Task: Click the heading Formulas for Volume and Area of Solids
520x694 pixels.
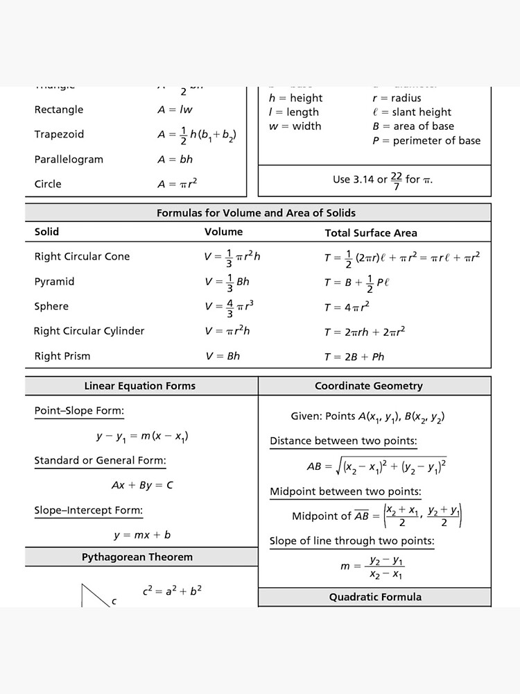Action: [x=256, y=213]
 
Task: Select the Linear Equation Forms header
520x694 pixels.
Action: [x=140, y=386]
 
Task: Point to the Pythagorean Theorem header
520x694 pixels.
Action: [x=137, y=557]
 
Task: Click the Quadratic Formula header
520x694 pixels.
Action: [x=375, y=597]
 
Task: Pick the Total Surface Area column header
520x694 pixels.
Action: [x=371, y=233]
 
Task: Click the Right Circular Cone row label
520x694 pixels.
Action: [x=82, y=257]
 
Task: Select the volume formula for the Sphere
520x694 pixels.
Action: [x=229, y=307]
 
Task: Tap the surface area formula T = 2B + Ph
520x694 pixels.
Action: [x=354, y=357]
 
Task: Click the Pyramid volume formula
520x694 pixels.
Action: [x=227, y=282]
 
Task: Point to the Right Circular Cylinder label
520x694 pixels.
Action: [x=89, y=331]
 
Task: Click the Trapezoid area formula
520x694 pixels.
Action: [x=196, y=135]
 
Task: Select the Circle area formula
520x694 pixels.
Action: [x=177, y=184]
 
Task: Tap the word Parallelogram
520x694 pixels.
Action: [x=69, y=160]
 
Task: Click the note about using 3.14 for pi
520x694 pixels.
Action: [x=382, y=180]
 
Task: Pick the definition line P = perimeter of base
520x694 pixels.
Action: [x=426, y=141]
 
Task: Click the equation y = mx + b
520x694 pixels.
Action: [x=142, y=535]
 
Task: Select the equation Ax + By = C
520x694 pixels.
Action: [x=142, y=485]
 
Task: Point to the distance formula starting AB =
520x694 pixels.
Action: [x=376, y=466]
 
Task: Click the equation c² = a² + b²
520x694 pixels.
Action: [x=172, y=591]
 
